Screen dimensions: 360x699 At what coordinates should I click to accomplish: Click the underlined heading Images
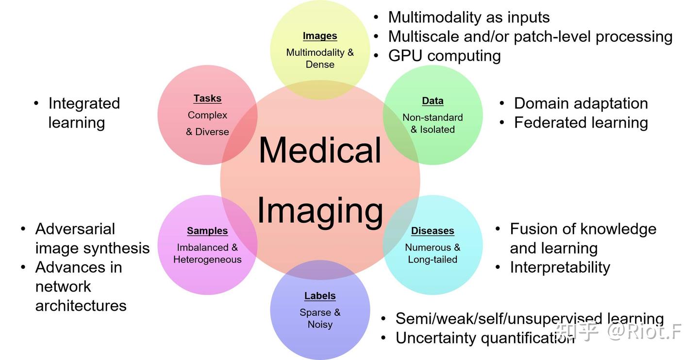320,36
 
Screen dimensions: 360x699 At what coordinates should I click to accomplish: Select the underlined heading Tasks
207,98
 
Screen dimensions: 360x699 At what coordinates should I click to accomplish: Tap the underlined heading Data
433,101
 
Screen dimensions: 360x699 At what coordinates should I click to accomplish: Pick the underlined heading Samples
207,231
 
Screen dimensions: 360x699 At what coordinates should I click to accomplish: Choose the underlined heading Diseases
433,231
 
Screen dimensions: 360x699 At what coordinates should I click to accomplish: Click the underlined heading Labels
320,296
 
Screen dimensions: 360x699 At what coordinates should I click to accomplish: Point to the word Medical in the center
320,150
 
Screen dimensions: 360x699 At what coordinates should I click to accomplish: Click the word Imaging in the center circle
320,210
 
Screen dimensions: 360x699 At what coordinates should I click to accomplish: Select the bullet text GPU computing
444,56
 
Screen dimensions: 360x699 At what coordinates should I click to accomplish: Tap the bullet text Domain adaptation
581,103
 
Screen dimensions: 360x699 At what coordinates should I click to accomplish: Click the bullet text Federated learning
581,122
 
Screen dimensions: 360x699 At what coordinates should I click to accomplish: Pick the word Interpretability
560,267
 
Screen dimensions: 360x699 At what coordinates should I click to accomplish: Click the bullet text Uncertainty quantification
484,338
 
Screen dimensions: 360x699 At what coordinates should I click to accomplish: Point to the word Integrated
84,103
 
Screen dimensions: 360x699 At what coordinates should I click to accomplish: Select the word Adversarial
75,229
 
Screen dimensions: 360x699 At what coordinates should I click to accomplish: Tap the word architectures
81,306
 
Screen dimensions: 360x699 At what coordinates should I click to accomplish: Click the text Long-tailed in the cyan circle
433,260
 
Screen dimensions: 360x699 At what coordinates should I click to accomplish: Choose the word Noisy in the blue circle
320,325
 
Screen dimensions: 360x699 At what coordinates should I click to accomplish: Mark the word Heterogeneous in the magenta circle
207,260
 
